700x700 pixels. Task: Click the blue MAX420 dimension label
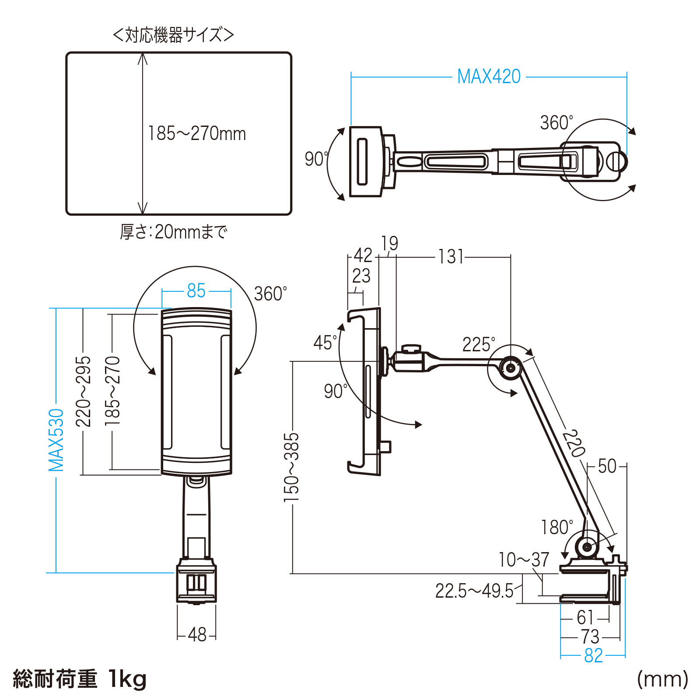click(489, 77)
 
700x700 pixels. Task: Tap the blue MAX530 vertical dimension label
click(56, 440)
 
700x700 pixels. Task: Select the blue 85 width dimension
click(196, 291)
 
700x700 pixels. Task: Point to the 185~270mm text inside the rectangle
click(197, 133)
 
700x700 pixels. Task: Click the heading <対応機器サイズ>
click(173, 35)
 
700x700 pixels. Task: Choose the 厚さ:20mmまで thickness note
click(174, 232)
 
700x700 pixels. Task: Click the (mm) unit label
click(662, 679)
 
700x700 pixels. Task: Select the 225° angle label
click(479, 345)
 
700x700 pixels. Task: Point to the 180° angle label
click(556, 528)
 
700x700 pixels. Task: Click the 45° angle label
click(325, 343)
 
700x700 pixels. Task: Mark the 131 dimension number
click(451, 257)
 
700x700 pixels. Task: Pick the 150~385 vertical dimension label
click(291, 467)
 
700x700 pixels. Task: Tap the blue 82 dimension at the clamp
click(593, 655)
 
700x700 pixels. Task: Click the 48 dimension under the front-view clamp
click(197, 634)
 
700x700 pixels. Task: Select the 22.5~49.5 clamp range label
click(474, 591)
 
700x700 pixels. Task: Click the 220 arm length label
click(574, 443)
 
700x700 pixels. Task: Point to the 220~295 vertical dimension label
click(83, 391)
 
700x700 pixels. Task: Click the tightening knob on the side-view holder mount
click(410, 349)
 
